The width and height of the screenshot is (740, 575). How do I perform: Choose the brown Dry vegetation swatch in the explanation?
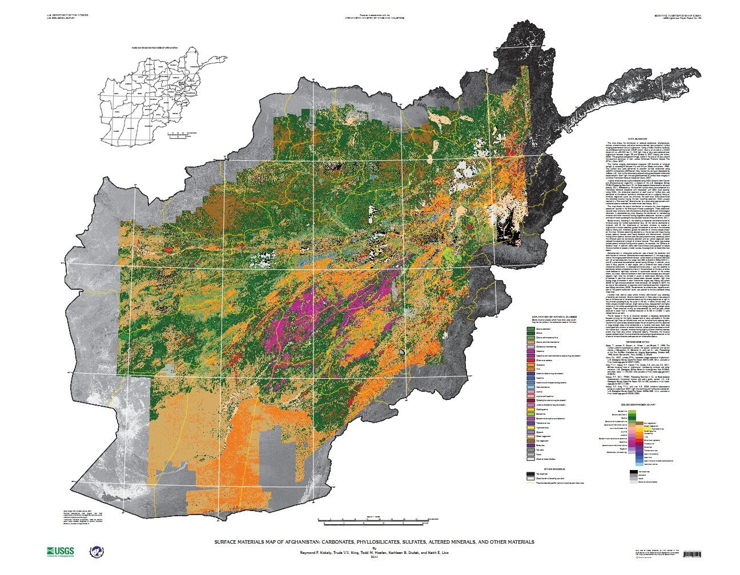(530, 441)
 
